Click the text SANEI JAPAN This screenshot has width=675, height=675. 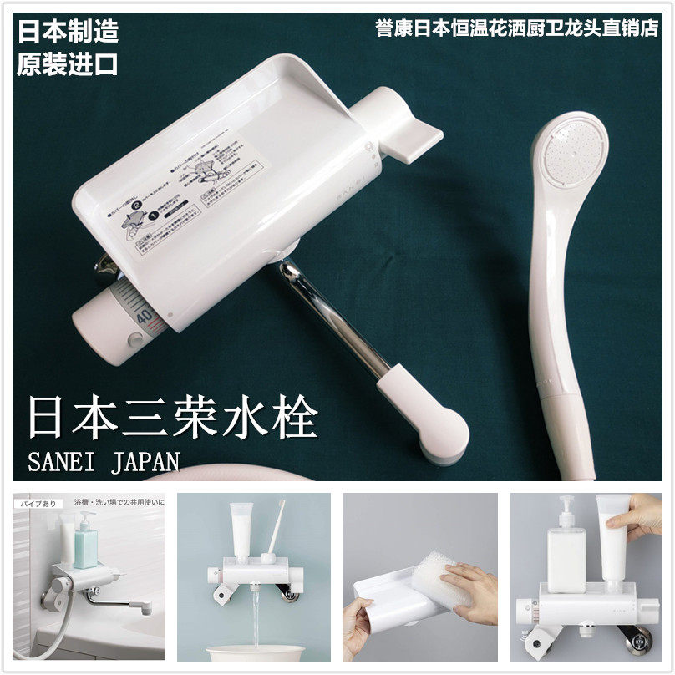pos(104,462)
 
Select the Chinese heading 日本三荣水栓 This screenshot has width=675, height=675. pos(172,419)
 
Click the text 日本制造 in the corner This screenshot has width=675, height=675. pos(68,31)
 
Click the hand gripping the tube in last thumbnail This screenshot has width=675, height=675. pos(639,514)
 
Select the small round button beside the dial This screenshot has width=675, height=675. pos(134,341)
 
